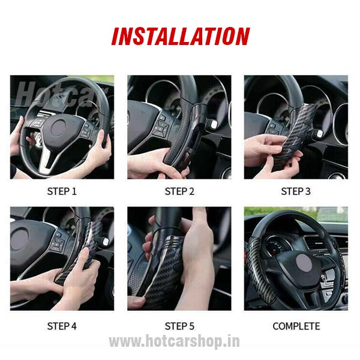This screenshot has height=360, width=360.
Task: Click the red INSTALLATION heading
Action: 180,37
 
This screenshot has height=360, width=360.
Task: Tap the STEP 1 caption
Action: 62,192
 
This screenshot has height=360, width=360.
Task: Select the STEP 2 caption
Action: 179,192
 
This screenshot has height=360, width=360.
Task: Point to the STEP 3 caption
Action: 296,192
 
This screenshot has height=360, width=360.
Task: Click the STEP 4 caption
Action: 62,326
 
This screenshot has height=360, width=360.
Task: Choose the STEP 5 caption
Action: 179,326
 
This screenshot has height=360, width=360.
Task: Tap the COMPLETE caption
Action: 296,326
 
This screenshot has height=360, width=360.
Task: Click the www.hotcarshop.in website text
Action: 174,342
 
